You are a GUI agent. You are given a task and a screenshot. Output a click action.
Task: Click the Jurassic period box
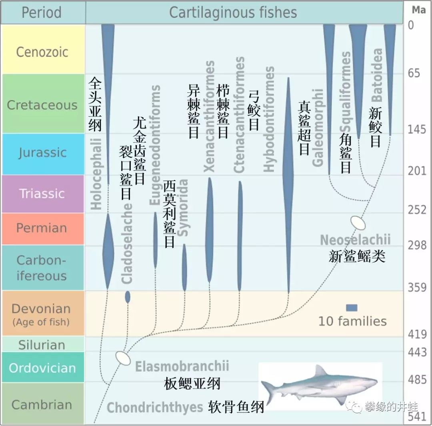[42, 153]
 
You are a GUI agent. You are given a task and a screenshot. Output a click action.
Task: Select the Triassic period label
[42, 193]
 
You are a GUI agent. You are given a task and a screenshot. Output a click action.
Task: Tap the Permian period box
[42, 228]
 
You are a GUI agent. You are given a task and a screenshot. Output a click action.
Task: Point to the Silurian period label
[42, 344]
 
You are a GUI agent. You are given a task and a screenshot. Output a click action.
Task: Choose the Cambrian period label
[42, 404]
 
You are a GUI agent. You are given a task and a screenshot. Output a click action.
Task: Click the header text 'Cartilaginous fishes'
[233, 12]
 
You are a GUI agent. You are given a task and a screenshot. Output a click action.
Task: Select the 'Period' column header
[42, 12]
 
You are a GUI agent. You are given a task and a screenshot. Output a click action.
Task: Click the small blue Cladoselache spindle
[128, 297]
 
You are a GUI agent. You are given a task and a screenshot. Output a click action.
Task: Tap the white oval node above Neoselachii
[358, 223]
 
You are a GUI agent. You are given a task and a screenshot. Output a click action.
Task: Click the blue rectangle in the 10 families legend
[352, 308]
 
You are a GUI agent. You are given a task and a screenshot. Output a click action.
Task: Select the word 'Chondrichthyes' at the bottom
[155, 407]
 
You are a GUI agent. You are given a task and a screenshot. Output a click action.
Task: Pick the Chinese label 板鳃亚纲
[192, 384]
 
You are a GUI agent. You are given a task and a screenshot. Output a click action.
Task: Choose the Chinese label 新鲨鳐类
[357, 256]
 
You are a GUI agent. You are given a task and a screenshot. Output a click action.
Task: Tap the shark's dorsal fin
[320, 370]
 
